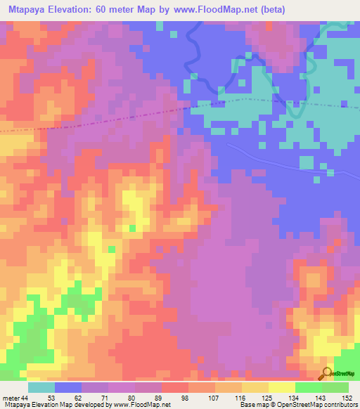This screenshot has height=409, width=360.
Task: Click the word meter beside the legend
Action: (x=11, y=398)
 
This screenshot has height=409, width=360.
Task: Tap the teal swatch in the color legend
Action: (x=41, y=387)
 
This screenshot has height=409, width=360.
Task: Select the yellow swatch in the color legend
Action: (x=281, y=387)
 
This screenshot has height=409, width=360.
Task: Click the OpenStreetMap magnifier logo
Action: (x=326, y=373)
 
